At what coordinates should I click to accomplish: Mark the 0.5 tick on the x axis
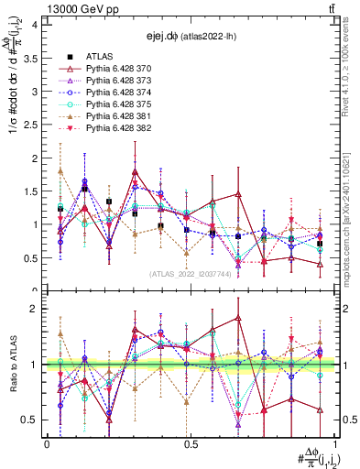coord(191,444)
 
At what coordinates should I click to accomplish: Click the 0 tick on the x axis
coord(47,444)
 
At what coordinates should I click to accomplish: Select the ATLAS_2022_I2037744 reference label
coord(190,274)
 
